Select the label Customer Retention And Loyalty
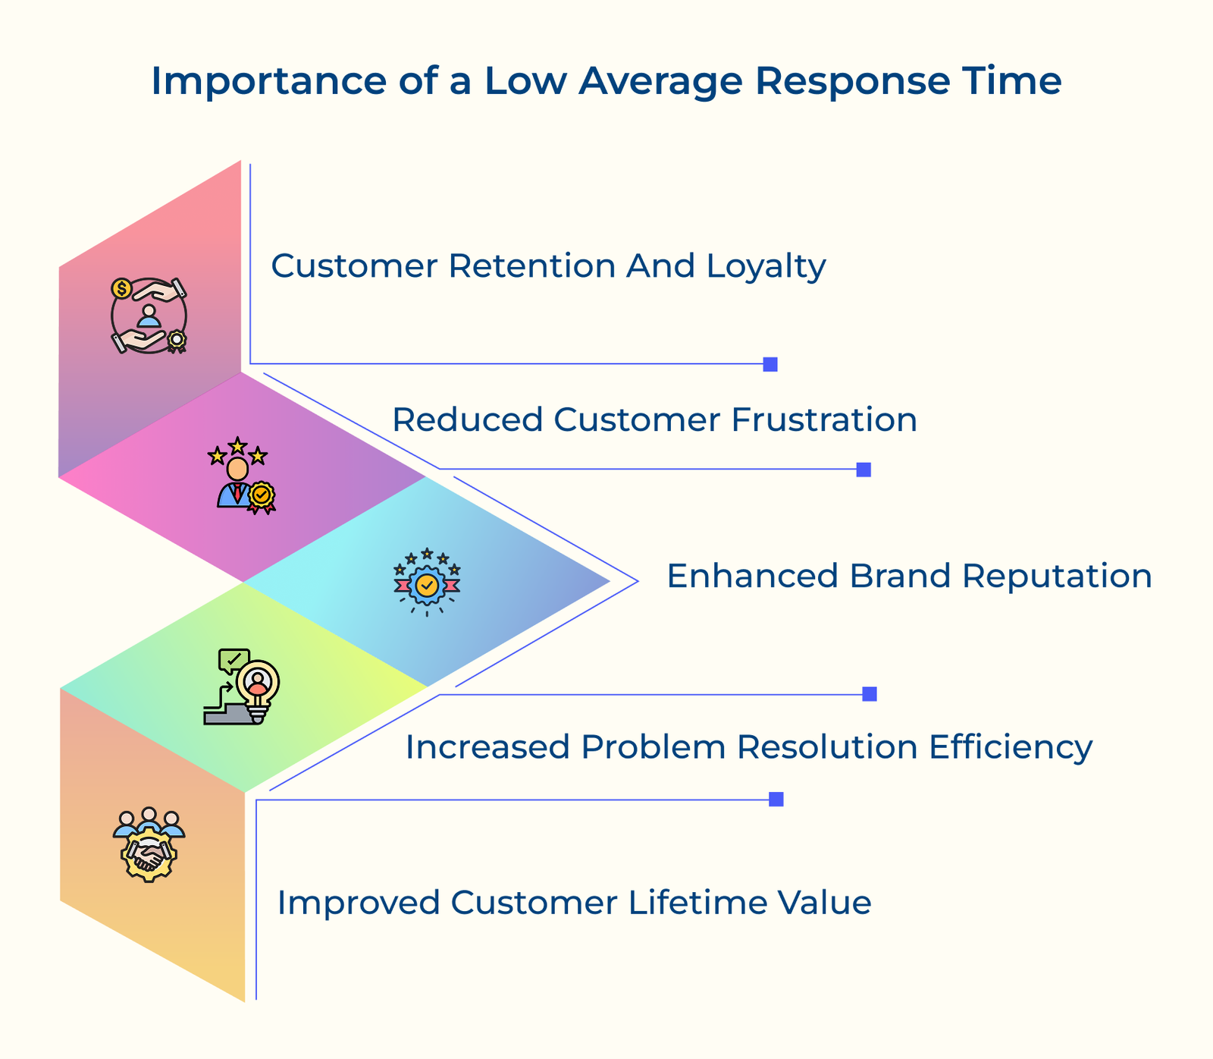click(548, 266)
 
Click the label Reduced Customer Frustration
click(654, 420)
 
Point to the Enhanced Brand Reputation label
click(909, 576)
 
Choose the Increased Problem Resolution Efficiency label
click(749, 747)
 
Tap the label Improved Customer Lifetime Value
click(574, 903)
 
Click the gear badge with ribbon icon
click(427, 583)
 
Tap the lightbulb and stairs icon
click(243, 687)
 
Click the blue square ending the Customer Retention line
click(770, 364)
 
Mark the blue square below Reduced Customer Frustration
click(864, 470)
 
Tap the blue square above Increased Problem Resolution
click(870, 694)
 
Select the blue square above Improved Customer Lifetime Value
click(776, 799)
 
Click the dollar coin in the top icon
click(121, 288)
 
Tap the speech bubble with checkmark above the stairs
click(233, 659)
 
